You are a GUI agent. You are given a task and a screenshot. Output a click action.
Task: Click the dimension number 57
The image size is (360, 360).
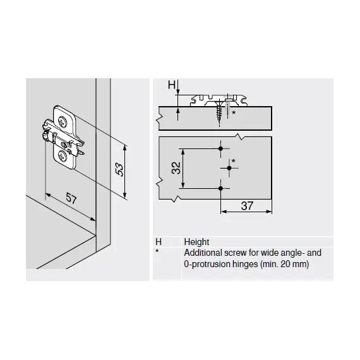pyautogui.click(x=71, y=198)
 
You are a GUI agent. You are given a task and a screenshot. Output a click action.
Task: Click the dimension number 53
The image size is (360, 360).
pyautogui.click(x=119, y=169)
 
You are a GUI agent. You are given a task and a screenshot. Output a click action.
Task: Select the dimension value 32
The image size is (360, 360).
pyautogui.click(x=176, y=168)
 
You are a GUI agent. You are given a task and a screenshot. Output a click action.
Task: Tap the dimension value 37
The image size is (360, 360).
pyautogui.click(x=247, y=206)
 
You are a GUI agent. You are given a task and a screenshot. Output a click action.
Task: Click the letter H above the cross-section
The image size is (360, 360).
pyautogui.click(x=172, y=85)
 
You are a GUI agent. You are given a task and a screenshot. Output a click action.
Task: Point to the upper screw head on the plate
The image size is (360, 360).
pyautogui.click(x=63, y=121)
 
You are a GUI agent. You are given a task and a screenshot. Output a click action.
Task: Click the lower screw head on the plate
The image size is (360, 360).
pyautogui.click(x=63, y=157)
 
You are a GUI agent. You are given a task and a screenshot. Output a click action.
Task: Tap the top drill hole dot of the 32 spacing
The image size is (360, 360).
pyautogui.click(x=221, y=148)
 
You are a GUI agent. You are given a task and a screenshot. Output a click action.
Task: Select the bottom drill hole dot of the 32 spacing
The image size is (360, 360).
pyautogui.click(x=221, y=188)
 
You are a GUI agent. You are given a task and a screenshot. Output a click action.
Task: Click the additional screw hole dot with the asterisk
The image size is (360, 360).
pyautogui.click(x=229, y=168)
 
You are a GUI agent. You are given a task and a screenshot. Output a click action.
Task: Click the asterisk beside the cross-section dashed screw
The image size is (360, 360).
pyautogui.click(x=234, y=112)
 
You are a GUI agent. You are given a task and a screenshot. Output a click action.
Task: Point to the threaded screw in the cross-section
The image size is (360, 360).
pyautogui.click(x=218, y=112)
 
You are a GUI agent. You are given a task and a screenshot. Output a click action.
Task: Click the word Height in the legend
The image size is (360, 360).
pyautogui.click(x=196, y=242)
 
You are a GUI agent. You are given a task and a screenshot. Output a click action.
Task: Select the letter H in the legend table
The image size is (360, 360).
pyautogui.click(x=159, y=242)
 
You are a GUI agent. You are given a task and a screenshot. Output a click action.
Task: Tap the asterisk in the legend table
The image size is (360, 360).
pyautogui.click(x=157, y=251)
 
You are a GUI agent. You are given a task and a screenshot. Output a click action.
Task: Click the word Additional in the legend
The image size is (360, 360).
pyautogui.click(x=203, y=253)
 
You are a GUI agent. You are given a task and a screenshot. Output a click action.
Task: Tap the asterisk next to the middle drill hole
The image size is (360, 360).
pyautogui.click(x=234, y=161)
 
